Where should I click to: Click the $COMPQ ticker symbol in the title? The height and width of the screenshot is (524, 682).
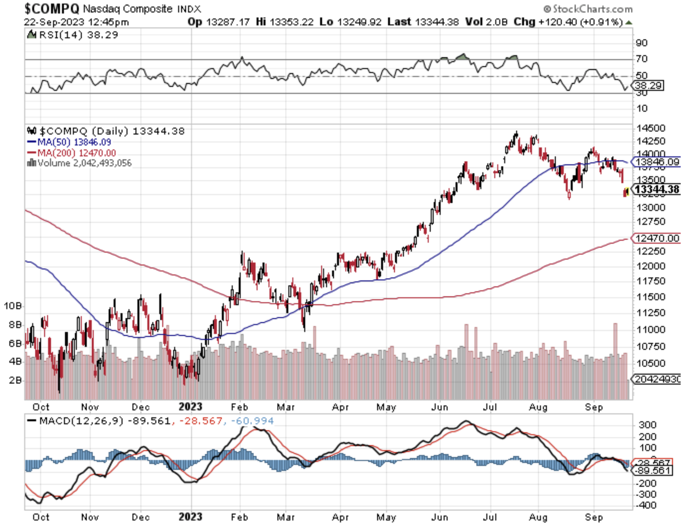pos(52,8)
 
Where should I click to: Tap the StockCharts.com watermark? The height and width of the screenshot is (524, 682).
pos(588,9)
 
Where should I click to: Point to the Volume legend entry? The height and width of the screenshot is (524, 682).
pos(80,163)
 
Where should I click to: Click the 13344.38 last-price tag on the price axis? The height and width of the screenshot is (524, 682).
pos(657,190)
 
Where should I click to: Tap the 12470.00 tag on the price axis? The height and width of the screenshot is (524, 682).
pos(657,238)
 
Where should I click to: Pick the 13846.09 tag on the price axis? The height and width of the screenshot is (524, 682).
pos(657,162)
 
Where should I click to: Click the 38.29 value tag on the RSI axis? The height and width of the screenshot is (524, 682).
pos(648,86)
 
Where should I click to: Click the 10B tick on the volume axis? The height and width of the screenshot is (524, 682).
pos(13,306)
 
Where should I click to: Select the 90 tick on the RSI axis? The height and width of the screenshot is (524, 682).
pos(642,43)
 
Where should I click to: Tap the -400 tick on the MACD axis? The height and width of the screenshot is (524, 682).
pos(647,505)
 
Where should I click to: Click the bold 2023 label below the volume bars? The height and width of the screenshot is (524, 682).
pos(191,407)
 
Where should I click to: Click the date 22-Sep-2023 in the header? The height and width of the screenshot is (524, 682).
pos(51,22)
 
